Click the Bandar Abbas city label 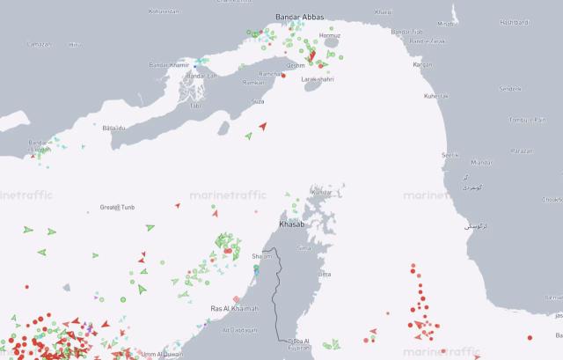(x=301, y=17)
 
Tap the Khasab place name (x=290, y=225)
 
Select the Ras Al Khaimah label (x=235, y=309)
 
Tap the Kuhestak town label (x=436, y=95)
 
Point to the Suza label (x=258, y=102)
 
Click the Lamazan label (x=40, y=44)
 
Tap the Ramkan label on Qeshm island (x=253, y=82)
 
